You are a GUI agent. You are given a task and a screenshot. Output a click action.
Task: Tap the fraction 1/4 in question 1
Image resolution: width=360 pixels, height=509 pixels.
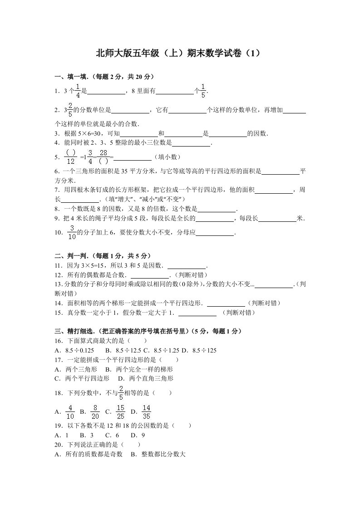(78, 91)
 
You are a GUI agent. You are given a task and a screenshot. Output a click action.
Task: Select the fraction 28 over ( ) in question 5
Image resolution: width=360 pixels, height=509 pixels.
(103, 157)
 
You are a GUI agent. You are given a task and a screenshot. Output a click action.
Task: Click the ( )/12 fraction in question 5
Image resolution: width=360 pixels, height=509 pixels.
(70, 157)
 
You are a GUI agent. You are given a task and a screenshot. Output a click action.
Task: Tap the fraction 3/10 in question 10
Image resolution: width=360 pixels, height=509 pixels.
(72, 232)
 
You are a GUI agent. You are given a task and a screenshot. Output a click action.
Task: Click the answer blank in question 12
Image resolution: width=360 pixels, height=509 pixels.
(149, 275)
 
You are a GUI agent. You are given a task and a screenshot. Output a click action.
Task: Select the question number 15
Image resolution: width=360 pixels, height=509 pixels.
(58, 313)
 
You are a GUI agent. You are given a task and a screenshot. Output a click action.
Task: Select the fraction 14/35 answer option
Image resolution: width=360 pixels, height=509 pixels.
(146, 411)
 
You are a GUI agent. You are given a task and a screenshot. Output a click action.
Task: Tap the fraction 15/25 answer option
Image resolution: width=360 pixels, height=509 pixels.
(120, 411)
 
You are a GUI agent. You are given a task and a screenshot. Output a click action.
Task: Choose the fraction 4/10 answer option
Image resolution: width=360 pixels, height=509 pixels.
(70, 411)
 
